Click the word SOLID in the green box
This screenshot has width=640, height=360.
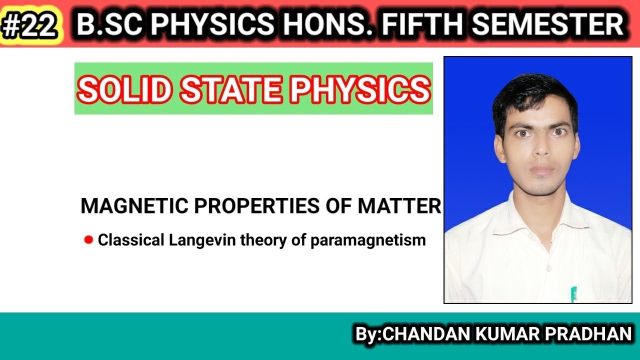click(126, 89)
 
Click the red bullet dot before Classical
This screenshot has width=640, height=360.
click(89, 240)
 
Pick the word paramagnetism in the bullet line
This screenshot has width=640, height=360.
click(368, 240)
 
